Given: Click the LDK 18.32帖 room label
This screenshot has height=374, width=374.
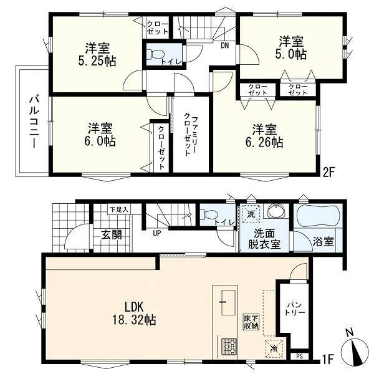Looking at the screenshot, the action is (x=134, y=313).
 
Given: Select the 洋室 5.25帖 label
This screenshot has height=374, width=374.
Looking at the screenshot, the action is (x=97, y=54).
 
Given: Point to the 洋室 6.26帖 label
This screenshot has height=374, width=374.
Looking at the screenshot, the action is (x=264, y=136).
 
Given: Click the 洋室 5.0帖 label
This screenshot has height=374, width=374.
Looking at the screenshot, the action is (x=291, y=48).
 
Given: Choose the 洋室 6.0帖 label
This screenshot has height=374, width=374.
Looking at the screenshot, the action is (x=100, y=135).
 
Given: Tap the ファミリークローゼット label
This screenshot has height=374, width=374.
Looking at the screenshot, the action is (x=191, y=135).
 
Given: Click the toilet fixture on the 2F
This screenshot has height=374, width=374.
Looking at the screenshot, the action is (x=155, y=55).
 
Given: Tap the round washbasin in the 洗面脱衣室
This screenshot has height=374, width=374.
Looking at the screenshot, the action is (x=276, y=211).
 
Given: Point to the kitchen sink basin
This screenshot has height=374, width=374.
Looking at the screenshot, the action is (x=228, y=302).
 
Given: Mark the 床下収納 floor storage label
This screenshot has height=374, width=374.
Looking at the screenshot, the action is (x=251, y=322).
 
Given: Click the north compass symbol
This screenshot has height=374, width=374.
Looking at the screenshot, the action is (x=355, y=350).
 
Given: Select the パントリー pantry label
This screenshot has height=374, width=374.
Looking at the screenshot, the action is (x=295, y=309).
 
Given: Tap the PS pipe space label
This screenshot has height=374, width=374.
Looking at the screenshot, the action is (x=300, y=357).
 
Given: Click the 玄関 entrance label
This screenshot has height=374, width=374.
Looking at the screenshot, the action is (x=112, y=235).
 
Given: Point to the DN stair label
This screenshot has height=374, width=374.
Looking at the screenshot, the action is (x=224, y=46).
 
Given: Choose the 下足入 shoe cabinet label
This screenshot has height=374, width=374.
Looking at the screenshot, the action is (x=119, y=210).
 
